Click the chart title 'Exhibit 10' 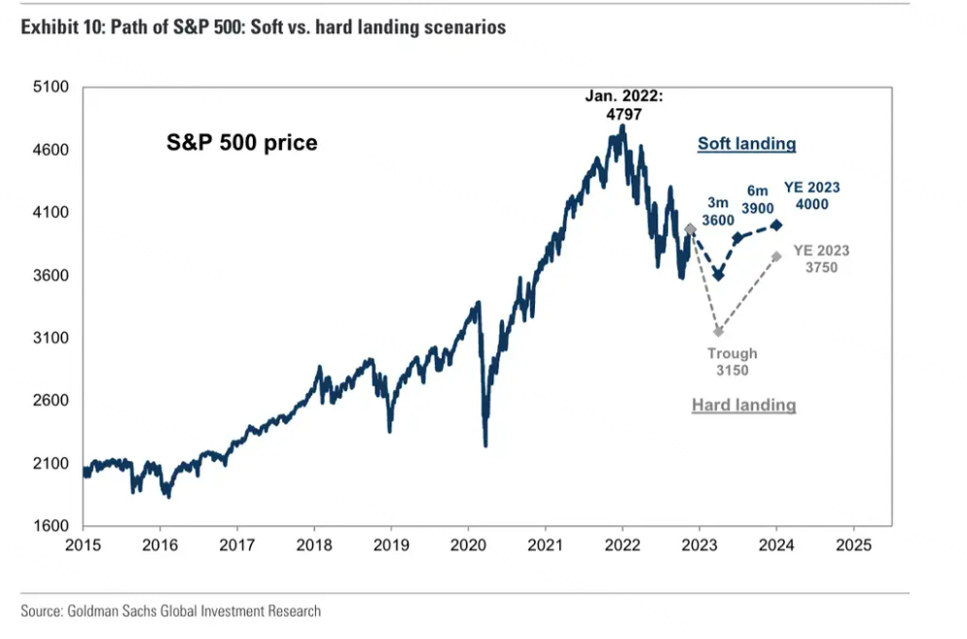(264, 27)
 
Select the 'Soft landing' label (746, 144)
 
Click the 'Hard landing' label (743, 405)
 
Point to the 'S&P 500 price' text (239, 143)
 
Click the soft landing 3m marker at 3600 (718, 275)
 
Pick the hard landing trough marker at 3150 (718, 332)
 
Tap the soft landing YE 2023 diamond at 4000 (776, 225)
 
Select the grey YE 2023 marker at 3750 (776, 256)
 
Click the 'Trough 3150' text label (732, 362)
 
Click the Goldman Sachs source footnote (171, 611)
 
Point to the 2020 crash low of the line (485, 444)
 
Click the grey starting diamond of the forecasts (691, 230)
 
